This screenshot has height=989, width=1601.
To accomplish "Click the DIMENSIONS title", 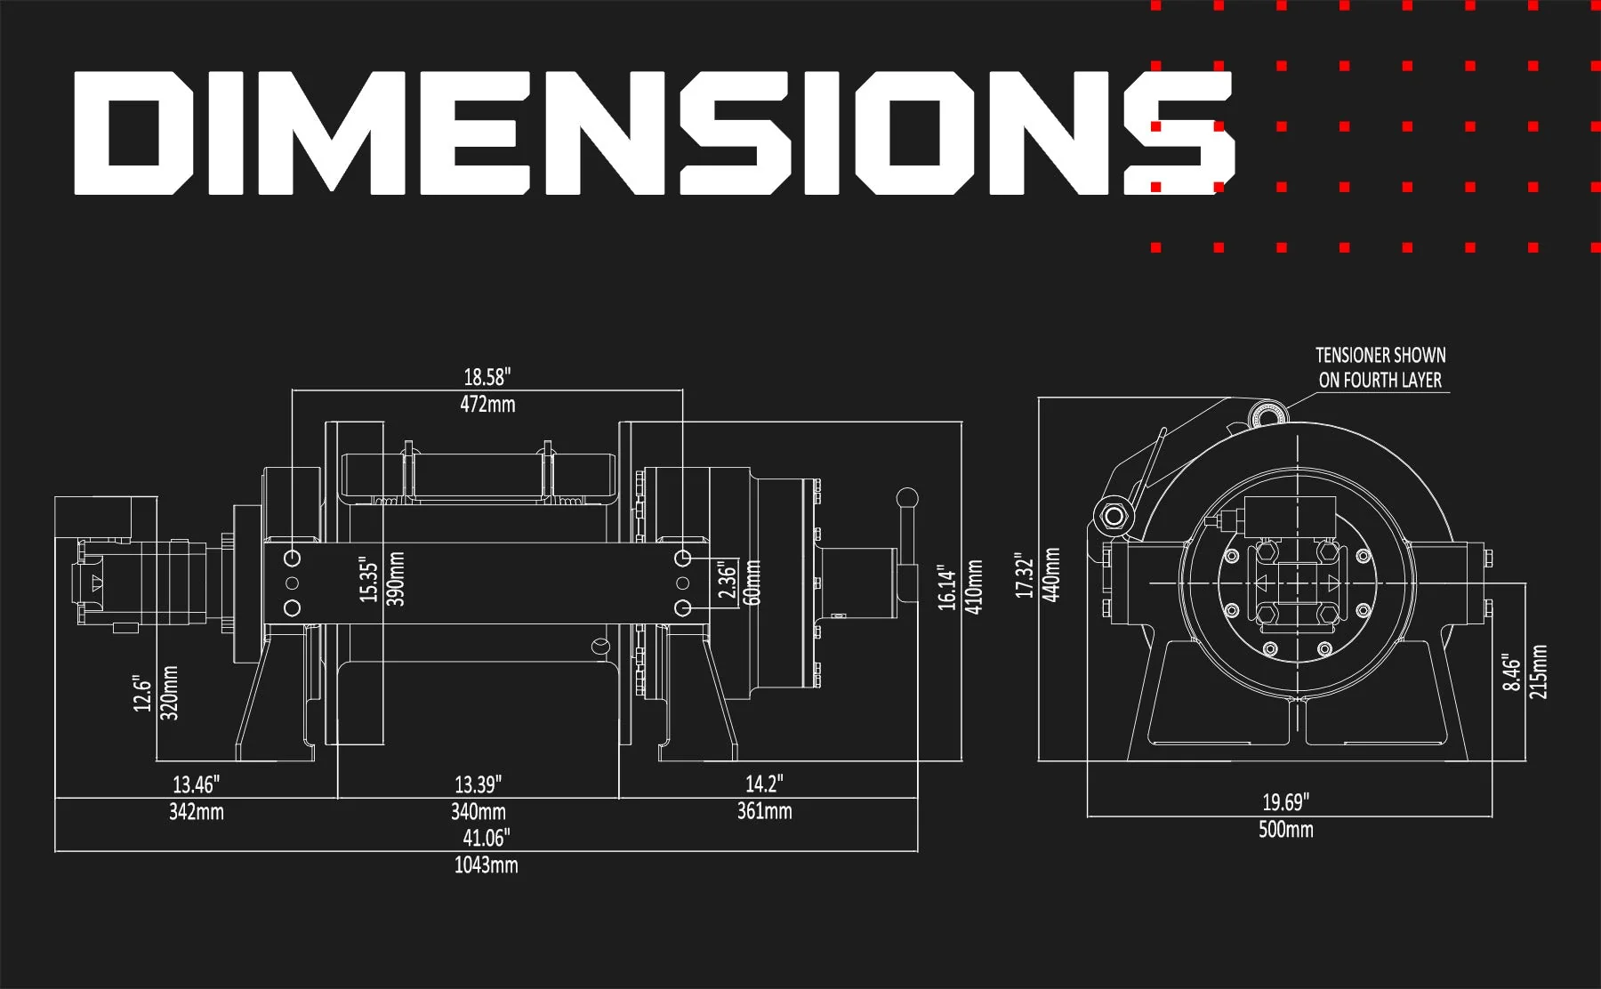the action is [x=654, y=133].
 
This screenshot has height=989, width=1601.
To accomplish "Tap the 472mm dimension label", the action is [x=487, y=405].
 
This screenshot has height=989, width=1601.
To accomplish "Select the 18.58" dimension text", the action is [x=487, y=377].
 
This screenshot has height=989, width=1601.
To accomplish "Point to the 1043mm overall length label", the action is [x=486, y=865].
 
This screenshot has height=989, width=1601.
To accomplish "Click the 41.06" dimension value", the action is [x=486, y=838].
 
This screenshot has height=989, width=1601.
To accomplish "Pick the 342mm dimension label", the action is [x=197, y=812].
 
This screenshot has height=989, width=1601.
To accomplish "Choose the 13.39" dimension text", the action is [x=478, y=784].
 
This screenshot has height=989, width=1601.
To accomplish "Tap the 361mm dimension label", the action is [x=764, y=811].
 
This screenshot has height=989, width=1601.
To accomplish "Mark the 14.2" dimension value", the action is [x=764, y=784].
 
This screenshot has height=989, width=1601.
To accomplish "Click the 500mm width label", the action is [x=1285, y=830].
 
